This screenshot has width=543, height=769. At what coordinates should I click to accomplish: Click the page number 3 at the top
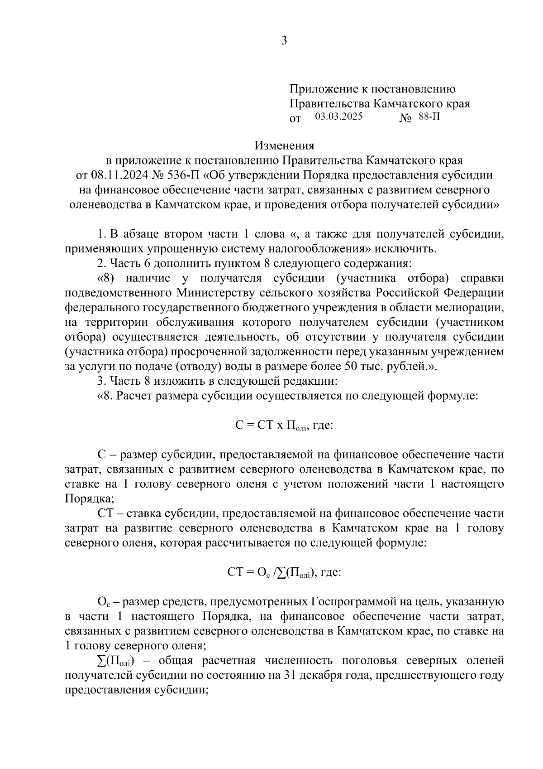[x=284, y=41]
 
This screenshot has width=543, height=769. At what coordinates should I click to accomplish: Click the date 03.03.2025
[x=339, y=116]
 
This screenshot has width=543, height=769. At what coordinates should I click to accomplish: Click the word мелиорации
[x=471, y=307]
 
